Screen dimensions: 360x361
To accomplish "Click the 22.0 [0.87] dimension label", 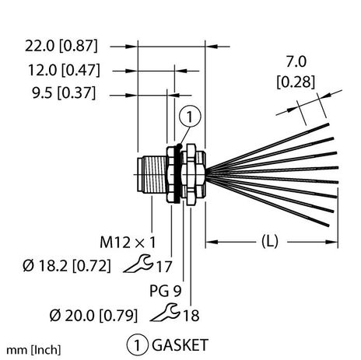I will point(63,47).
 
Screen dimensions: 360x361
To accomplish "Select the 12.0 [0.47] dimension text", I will point(63,71).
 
